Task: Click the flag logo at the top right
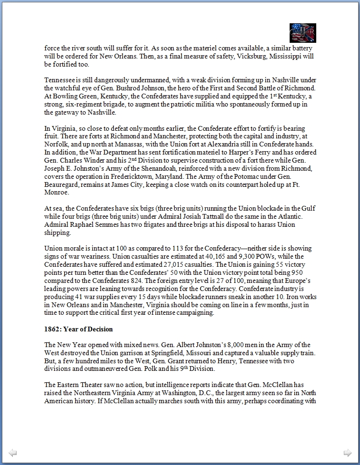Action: tap(302, 33)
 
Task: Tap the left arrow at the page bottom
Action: tap(13, 453)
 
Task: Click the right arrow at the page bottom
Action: tap(348, 453)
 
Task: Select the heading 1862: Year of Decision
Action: tap(78, 329)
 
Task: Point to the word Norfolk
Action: tap(56, 145)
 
